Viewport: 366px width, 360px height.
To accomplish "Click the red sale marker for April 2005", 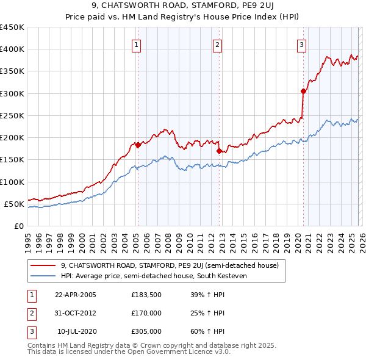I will tap(138, 145).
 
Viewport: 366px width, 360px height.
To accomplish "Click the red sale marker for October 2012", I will tap(219, 151).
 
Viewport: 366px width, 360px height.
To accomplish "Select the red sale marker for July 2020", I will tap(303, 91).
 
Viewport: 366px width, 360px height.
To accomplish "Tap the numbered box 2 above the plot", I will tap(217, 44).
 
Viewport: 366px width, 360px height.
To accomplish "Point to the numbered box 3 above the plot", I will tap(301, 44).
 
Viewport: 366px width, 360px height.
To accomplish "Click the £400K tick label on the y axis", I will tap(12, 49).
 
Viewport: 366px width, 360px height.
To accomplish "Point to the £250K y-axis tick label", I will tap(12, 115).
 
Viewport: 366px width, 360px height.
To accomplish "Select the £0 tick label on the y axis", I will tap(20, 226).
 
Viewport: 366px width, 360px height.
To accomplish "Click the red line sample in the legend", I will tap(44, 265).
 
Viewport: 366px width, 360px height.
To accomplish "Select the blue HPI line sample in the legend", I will tap(44, 276).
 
